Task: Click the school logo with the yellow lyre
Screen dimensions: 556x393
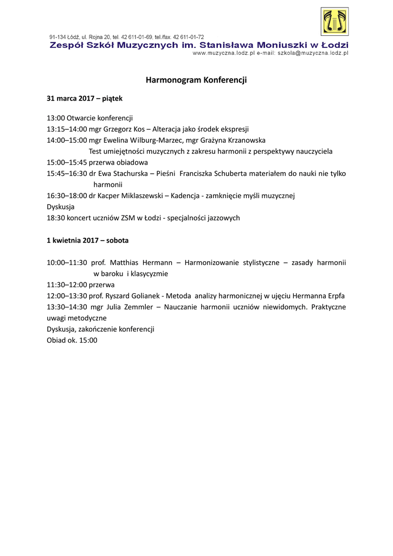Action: tap(334, 22)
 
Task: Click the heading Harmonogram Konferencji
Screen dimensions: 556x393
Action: tap(196, 80)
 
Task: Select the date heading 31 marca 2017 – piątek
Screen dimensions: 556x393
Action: tap(85, 99)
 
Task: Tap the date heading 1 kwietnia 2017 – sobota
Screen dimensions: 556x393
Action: tap(87, 240)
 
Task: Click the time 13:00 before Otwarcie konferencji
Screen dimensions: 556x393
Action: tap(56, 118)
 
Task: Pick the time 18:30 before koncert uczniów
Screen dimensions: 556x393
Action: tap(56, 218)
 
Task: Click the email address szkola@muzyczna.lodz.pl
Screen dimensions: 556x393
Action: tap(313, 53)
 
